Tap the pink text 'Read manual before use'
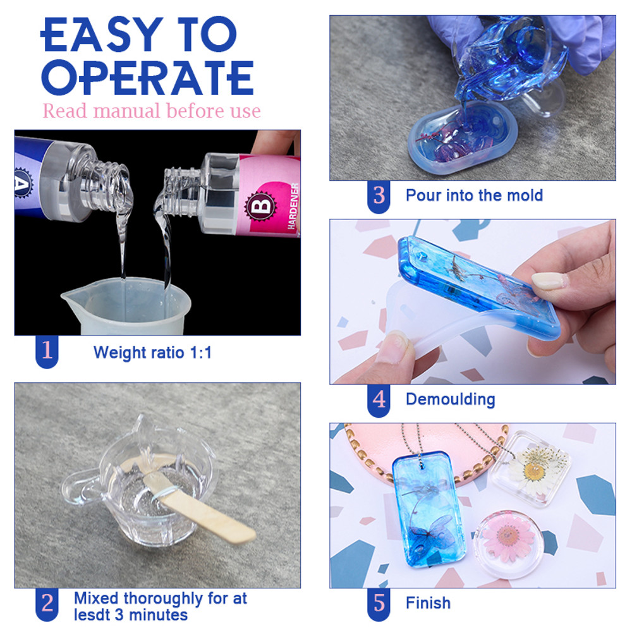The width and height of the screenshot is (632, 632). pos(151,111)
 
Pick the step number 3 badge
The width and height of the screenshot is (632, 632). pos(379,195)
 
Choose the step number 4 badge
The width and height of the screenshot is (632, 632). pos(379,399)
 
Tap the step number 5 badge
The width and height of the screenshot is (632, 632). pos(379,603)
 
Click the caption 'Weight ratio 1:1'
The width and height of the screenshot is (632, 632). pos(152,352)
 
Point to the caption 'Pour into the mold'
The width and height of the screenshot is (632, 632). pos(474,195)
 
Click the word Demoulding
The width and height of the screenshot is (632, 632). pos(450,399)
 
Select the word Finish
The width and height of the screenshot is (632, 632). pos(428,603)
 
